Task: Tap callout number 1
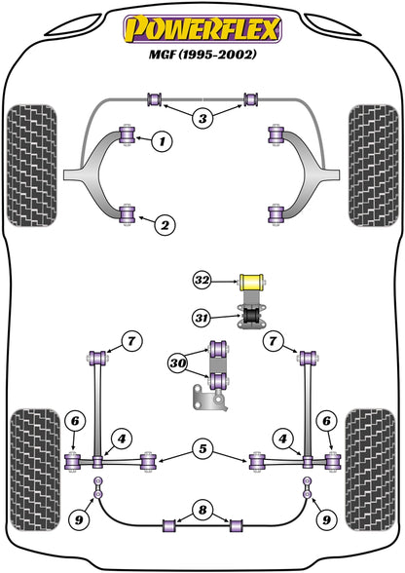click(x=163, y=143)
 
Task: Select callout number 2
click(x=166, y=226)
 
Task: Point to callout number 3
click(x=202, y=120)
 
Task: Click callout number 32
click(x=202, y=281)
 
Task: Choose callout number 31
click(x=202, y=316)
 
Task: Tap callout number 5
click(x=202, y=449)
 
